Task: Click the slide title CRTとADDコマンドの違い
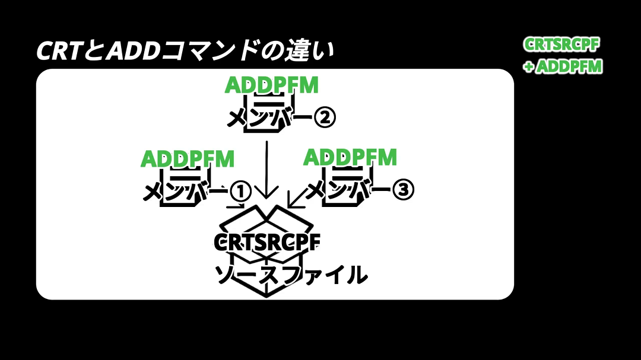coord(185,50)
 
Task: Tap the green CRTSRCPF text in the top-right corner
coord(561,44)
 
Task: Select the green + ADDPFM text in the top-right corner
coord(563,66)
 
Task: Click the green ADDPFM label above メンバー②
coord(271,85)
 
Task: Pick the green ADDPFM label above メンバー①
coord(187,159)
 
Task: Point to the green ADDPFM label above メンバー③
coord(350,157)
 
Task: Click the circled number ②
coord(325,117)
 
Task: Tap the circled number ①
coord(240,191)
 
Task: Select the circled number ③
coord(403,190)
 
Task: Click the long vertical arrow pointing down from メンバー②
coord(266,170)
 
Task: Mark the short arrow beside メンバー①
coord(236,205)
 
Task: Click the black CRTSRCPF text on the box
coord(267,242)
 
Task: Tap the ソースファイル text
coord(291,275)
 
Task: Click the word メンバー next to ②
coord(269,117)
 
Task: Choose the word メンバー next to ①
coord(185,191)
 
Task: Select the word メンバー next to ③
coord(348,190)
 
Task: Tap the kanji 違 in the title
coord(298,50)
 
